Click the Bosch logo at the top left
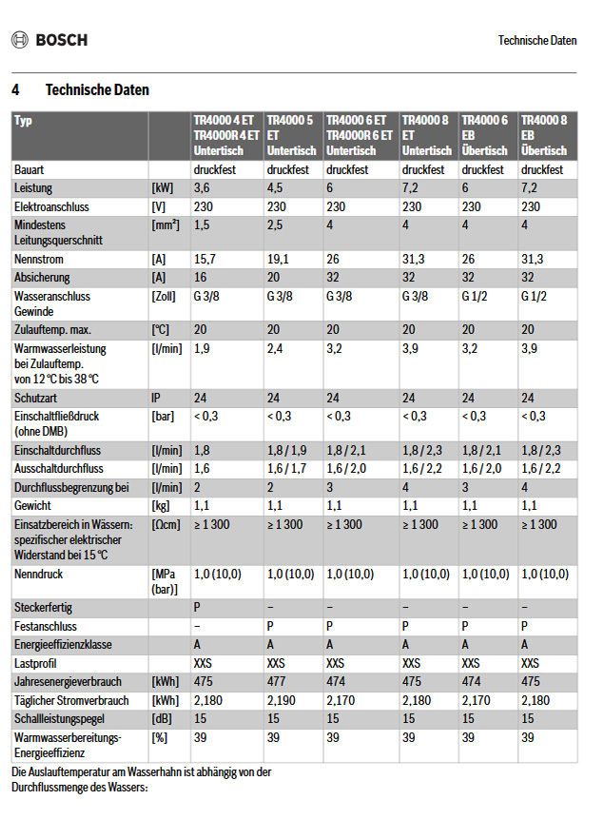pyautogui.click(x=49, y=40)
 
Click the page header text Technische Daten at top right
pyautogui.click(x=537, y=41)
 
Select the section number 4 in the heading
pyautogui.click(x=16, y=90)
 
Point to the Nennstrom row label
pyautogui.click(x=38, y=260)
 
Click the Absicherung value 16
pyautogui.click(x=200, y=278)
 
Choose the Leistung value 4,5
pyautogui.click(x=275, y=188)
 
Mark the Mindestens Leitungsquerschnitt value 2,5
pyautogui.click(x=275, y=224)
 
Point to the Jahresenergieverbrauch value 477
pyautogui.click(x=276, y=682)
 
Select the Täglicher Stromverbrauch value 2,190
pyautogui.click(x=282, y=700)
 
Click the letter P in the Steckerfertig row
pyautogui.click(x=197, y=607)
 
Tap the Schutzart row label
pyautogui.click(x=36, y=397)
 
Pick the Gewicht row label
pyautogui.click(x=33, y=505)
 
